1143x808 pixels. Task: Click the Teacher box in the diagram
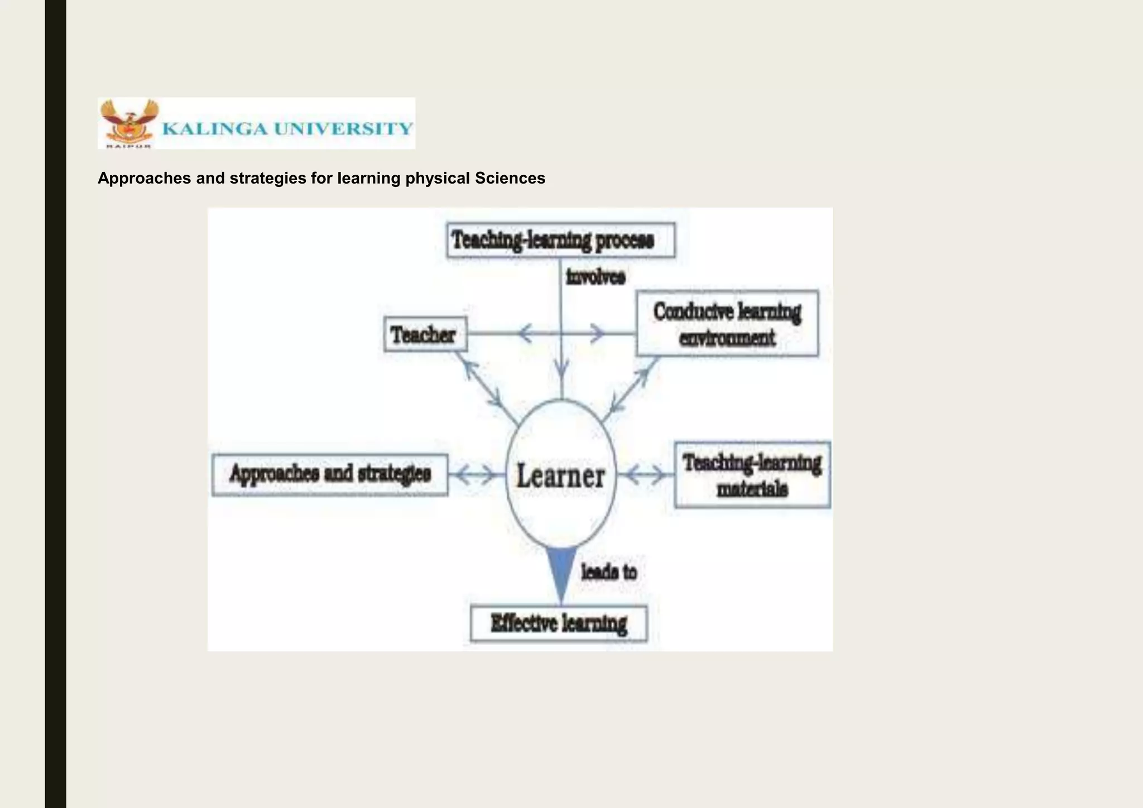(425, 334)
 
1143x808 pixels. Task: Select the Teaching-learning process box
(560, 241)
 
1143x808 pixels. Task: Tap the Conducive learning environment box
(727, 324)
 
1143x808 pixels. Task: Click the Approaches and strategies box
(330, 475)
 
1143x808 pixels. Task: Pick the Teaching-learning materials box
(752, 475)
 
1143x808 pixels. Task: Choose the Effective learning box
(559, 623)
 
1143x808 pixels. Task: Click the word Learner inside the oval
(560, 476)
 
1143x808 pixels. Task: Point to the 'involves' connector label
(595, 277)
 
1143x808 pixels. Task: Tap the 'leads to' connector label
(609, 572)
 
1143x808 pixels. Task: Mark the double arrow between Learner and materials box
(645, 475)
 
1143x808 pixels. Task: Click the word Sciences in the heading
(510, 178)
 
